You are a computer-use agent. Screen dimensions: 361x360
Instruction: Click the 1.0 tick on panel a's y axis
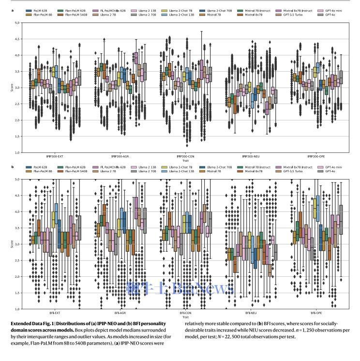coord(16,152)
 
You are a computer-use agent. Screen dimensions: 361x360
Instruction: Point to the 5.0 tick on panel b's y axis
coord(16,179)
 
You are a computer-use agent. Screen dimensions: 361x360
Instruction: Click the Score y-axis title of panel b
coord(11,244)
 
